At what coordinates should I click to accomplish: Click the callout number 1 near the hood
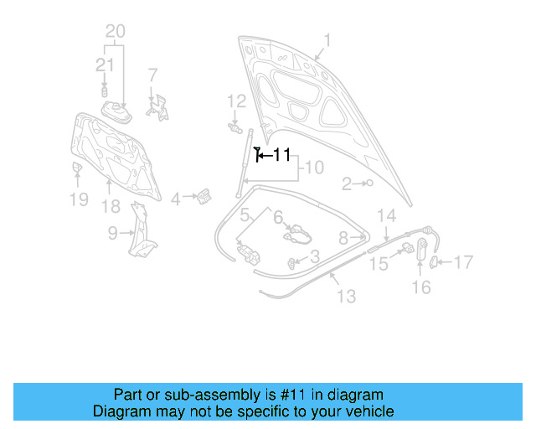click(x=327, y=39)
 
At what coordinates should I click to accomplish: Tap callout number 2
click(x=347, y=183)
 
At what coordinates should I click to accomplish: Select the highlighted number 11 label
click(x=281, y=155)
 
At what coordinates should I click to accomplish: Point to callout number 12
click(x=236, y=101)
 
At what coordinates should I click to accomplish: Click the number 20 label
click(x=116, y=32)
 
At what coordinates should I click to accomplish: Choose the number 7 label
click(x=152, y=75)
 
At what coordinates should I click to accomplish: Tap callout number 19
click(x=78, y=199)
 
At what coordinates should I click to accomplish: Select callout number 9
click(x=112, y=234)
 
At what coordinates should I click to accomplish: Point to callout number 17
click(x=463, y=262)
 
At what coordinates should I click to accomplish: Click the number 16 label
click(x=421, y=287)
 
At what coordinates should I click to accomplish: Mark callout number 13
click(x=346, y=296)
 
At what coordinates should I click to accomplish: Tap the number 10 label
click(x=312, y=168)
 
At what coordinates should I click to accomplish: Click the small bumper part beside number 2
click(x=368, y=183)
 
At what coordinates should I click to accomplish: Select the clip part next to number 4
click(x=204, y=197)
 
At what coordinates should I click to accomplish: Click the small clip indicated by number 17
click(x=435, y=262)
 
